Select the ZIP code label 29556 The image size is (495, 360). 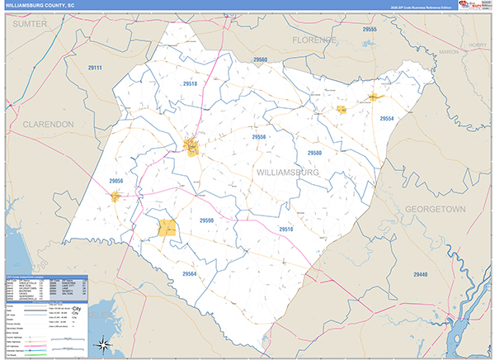pyautogui.click(x=260, y=137)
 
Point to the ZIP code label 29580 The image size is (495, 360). pyautogui.click(x=313, y=154)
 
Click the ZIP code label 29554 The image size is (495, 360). pyautogui.click(x=387, y=119)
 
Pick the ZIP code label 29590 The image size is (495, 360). pyautogui.click(x=206, y=220)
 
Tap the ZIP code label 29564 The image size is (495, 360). pyautogui.click(x=190, y=274)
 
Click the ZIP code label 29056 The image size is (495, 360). pyautogui.click(x=115, y=181)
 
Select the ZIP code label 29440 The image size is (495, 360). pyautogui.click(x=421, y=273)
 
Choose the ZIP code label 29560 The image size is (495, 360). pyautogui.click(x=261, y=60)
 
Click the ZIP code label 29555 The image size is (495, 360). pyautogui.click(x=370, y=29)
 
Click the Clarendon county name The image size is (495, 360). pyautogui.click(x=48, y=123)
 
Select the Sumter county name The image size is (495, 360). pyautogui.click(x=30, y=26)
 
